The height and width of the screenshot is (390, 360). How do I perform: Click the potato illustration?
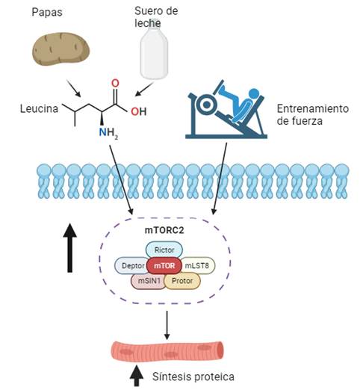pos(60,49)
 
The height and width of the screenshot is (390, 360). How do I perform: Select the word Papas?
pos(47,12)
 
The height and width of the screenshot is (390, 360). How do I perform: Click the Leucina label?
pos(39,109)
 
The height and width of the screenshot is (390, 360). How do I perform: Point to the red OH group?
pos(139,111)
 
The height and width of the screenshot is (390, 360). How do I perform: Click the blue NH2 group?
pos(108,133)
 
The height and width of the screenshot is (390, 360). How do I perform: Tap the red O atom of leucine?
pos(115,84)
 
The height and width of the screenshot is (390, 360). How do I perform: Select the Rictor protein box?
pos(164,250)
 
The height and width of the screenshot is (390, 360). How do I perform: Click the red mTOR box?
pos(164,266)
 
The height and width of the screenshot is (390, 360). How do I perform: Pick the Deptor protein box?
pos(132,266)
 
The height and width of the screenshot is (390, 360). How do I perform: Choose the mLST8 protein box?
pos(197,266)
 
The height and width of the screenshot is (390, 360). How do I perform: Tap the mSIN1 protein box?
pos(149,281)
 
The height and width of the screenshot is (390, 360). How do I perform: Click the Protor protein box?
pos(182,281)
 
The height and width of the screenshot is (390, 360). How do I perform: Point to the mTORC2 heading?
pos(164,230)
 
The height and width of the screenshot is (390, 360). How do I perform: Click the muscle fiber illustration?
pos(167,351)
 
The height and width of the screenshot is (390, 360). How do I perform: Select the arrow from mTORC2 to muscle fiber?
pos(167,325)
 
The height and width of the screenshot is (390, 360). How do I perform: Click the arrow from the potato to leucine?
pos(74,88)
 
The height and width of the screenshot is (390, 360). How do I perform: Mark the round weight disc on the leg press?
pos(207,105)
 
